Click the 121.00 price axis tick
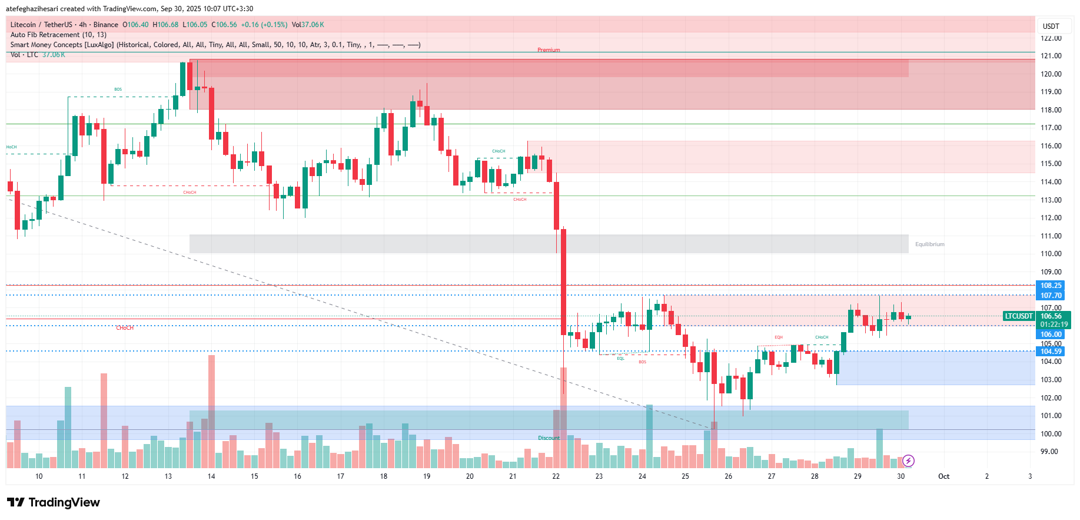click(x=1051, y=56)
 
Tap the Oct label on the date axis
click(x=943, y=476)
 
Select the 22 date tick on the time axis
click(x=556, y=476)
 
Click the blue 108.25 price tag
click(x=1051, y=286)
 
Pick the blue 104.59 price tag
click(x=1051, y=352)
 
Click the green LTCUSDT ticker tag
click(x=1019, y=316)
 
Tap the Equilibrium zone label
click(x=929, y=244)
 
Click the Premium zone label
click(x=549, y=50)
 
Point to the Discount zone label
click(x=549, y=438)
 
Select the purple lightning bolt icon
click(x=908, y=461)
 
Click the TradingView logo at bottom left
click(x=54, y=502)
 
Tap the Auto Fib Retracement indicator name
click(x=58, y=35)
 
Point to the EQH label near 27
click(x=779, y=337)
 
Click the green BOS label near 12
click(x=118, y=90)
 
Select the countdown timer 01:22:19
click(x=1054, y=324)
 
